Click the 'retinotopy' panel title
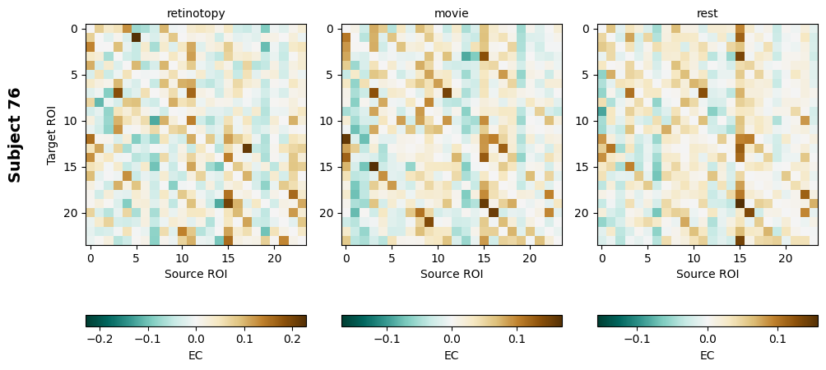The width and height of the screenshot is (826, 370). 196,13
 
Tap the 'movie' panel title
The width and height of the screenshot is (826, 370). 452,13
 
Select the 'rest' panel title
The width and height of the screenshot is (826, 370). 708,13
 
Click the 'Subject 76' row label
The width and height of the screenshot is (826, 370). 15,135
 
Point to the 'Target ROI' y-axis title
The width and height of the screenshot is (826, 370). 52,135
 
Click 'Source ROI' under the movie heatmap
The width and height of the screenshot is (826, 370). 452,274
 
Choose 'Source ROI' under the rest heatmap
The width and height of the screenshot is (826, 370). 708,274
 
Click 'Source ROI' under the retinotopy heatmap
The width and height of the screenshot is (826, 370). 196,274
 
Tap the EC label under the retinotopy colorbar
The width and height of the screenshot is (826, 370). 196,355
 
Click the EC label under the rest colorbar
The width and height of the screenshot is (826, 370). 708,355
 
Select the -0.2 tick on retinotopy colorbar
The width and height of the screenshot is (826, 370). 100,338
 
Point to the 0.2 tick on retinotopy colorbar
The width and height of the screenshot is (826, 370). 292,338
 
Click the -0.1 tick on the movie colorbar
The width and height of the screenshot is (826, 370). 387,338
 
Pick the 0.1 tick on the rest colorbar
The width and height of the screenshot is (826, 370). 777,338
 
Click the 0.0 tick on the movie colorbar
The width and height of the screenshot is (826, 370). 452,338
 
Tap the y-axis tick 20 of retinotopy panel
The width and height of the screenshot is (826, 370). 72,213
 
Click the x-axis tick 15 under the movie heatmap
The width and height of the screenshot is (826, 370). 484,258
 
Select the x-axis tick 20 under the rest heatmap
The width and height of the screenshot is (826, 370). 786,258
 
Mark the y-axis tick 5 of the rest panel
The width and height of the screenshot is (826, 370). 586,75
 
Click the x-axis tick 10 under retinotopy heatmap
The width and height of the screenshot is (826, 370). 182,258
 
